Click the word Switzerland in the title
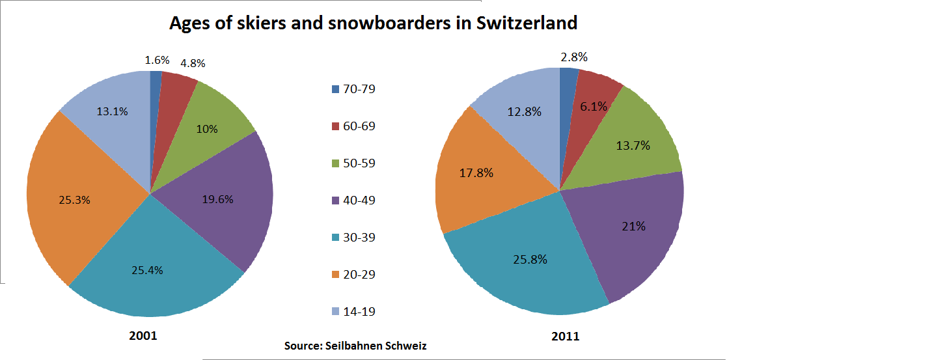527,23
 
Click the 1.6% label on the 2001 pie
157,60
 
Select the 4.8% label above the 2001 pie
193,63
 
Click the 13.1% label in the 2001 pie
112,111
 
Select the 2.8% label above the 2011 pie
573,57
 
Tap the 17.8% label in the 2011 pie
476,173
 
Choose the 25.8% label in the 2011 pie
530,259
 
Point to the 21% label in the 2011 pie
633,227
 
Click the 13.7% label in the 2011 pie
633,146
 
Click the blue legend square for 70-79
335,89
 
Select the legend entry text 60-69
359,126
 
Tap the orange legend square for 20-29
335,275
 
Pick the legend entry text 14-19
359,312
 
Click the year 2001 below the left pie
143,337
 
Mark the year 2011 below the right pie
565,337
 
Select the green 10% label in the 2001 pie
206,129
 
